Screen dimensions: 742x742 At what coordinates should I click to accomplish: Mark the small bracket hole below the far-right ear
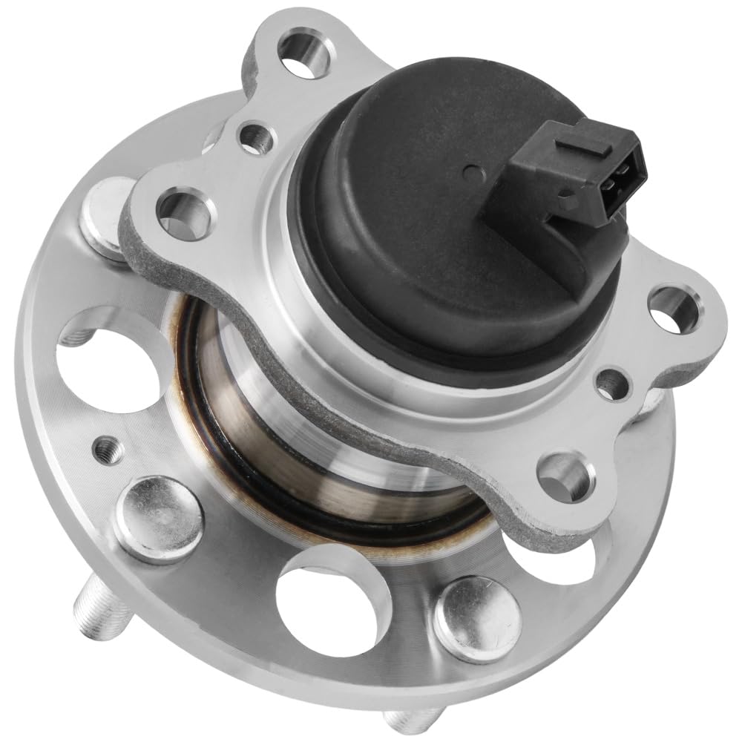point(612,382)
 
